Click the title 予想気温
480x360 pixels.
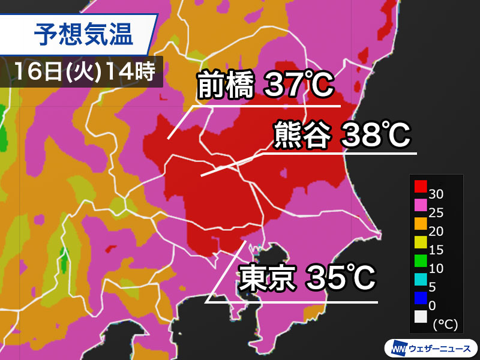pyautogui.click(x=83, y=34)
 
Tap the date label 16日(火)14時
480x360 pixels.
pyautogui.click(x=83, y=71)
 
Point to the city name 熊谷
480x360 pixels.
pyautogui.click(x=302, y=135)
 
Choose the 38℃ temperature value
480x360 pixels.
pyautogui.click(x=376, y=135)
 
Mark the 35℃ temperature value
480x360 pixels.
pyautogui.click(x=341, y=279)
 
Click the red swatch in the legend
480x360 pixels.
pyautogui.click(x=420, y=187)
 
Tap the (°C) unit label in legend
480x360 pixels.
pyautogui.click(x=445, y=325)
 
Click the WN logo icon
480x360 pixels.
pyautogui.click(x=397, y=348)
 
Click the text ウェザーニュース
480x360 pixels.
pyautogui.click(x=440, y=348)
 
